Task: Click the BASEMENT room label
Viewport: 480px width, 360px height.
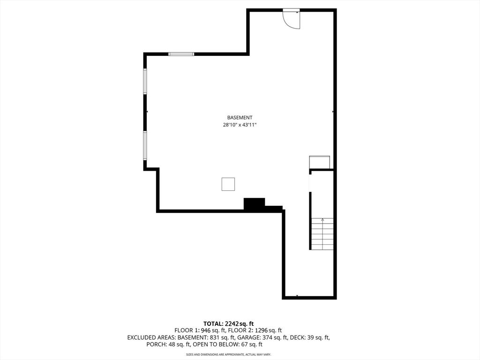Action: coord(240,118)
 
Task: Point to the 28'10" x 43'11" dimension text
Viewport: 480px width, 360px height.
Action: coord(240,125)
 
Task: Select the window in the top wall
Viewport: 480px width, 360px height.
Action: coord(181,54)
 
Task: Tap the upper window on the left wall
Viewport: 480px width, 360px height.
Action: coord(145,81)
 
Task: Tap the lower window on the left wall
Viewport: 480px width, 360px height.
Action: coord(145,146)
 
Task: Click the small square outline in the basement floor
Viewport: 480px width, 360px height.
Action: coord(228,184)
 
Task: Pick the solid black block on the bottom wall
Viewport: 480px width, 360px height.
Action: coord(254,204)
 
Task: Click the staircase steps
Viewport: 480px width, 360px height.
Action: coord(322,234)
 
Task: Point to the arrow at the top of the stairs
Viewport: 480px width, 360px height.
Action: coord(322,219)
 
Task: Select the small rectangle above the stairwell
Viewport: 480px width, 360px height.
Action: coord(320,162)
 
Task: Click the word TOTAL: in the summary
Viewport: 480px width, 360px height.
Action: coord(214,323)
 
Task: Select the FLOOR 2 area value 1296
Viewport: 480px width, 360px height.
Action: coord(262,330)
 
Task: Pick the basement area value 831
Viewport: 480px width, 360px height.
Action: coord(214,337)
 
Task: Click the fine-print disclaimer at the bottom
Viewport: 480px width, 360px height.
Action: coord(229,354)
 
